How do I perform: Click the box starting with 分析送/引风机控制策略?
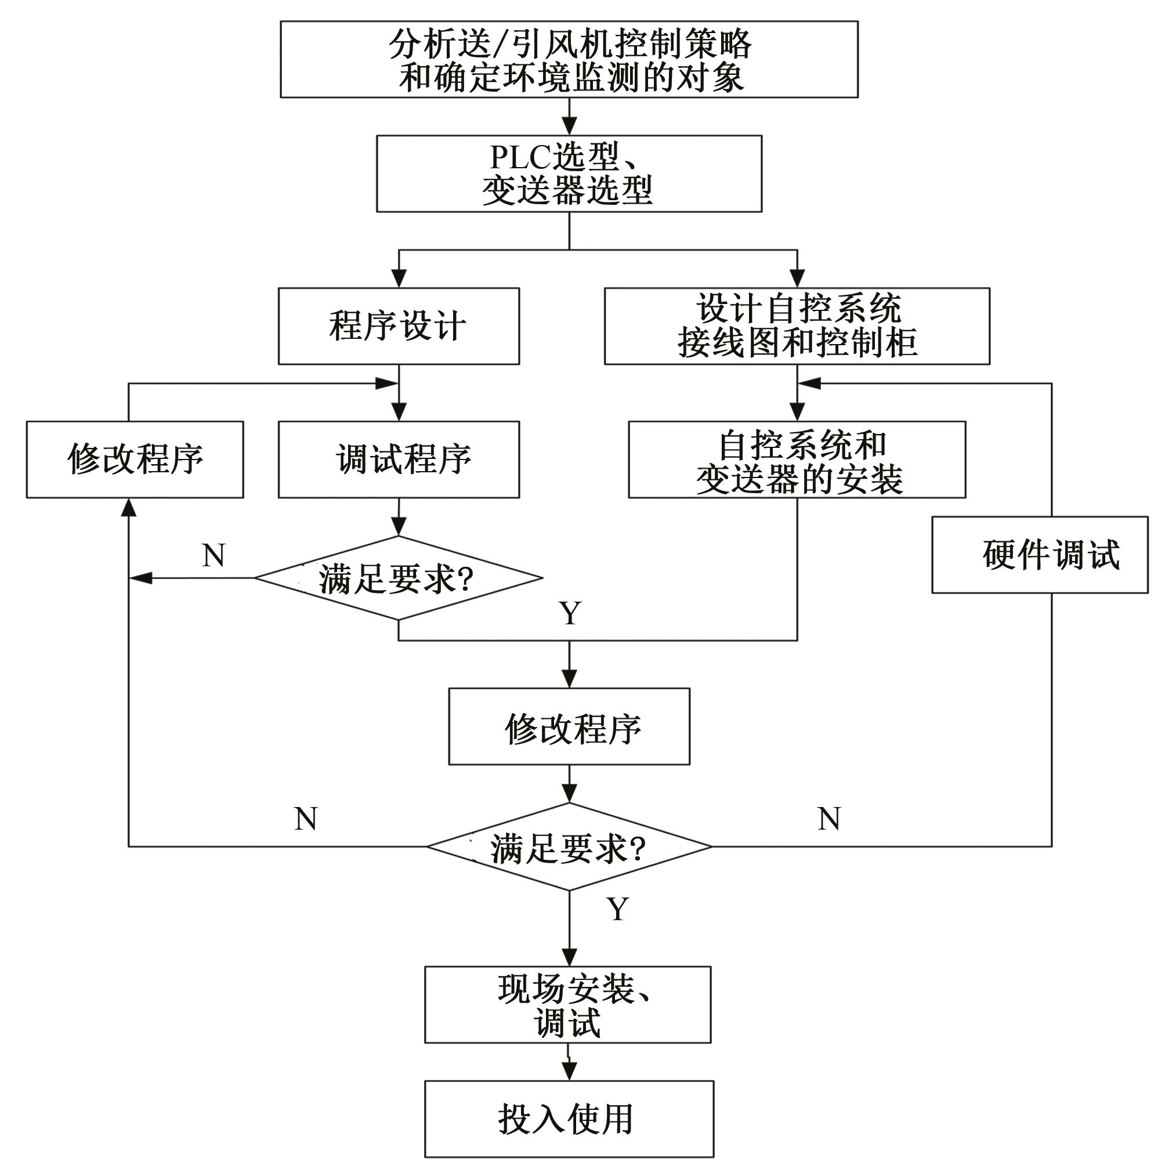point(569,60)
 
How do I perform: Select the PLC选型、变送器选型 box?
point(569,173)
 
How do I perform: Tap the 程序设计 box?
point(399,326)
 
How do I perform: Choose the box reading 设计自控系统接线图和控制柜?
point(797,326)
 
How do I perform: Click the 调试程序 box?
point(399,460)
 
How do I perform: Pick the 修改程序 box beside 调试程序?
point(135,460)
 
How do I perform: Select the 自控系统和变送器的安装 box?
point(797,460)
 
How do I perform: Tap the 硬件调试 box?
point(1040,555)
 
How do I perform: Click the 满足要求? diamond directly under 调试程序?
point(399,578)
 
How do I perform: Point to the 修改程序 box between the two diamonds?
point(569,726)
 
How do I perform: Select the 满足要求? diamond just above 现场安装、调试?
point(569,846)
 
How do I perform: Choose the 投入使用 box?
point(569,1119)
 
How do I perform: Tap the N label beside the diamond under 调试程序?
point(214,555)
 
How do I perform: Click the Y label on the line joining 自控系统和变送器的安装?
point(570,614)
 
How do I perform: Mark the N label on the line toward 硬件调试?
point(829,819)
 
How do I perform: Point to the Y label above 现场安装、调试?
point(617,909)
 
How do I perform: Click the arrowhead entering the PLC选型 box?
point(569,126)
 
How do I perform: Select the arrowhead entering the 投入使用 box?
point(569,1072)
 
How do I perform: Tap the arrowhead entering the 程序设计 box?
point(399,278)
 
